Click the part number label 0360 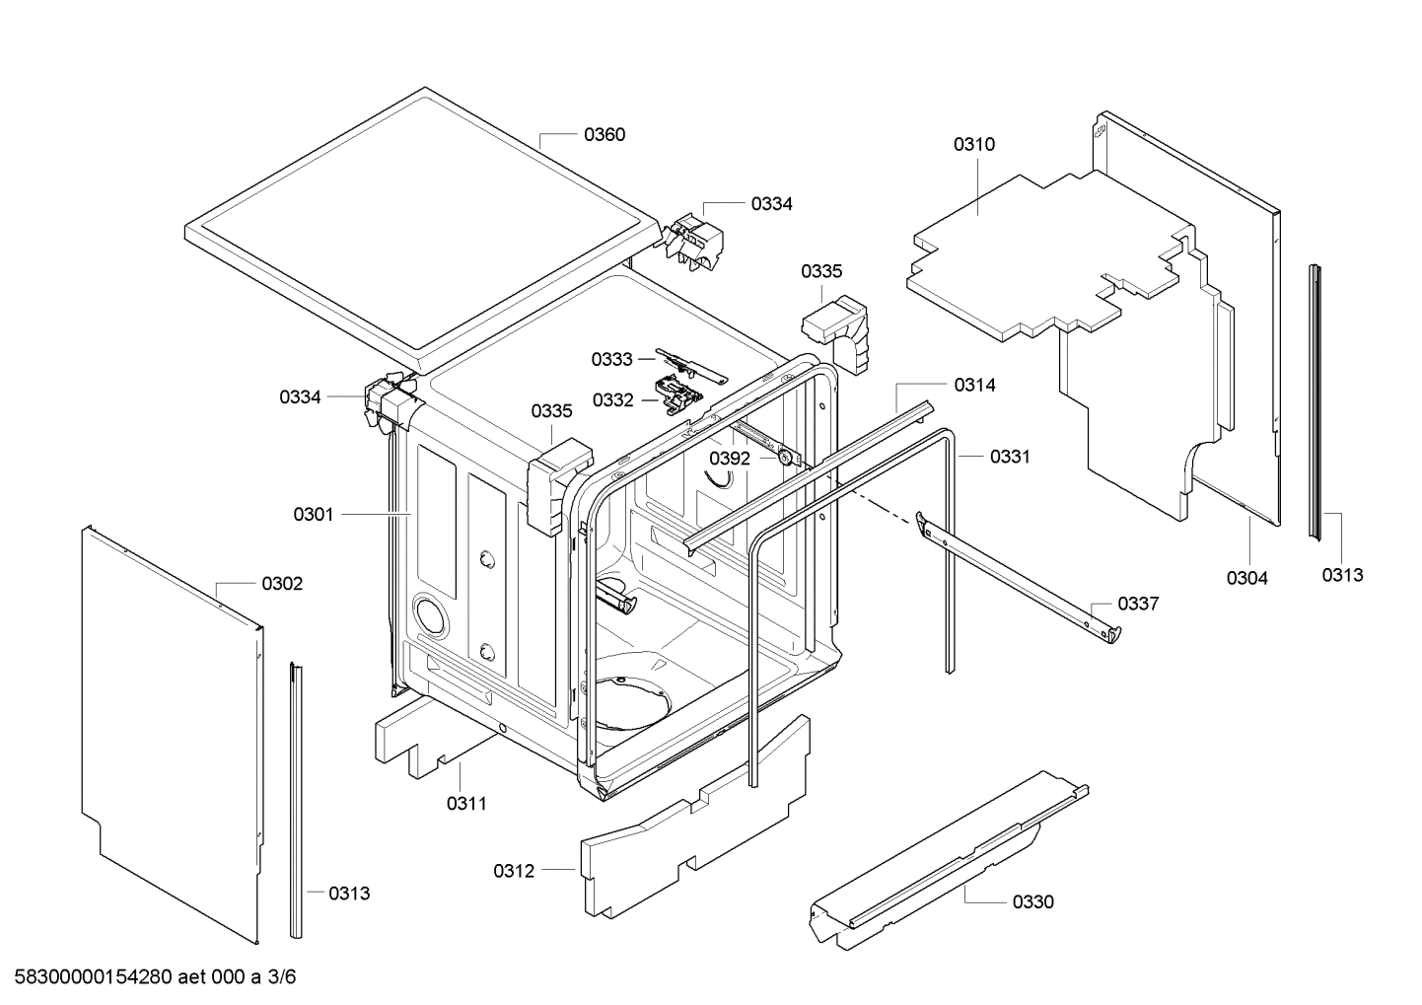pyautogui.click(x=604, y=135)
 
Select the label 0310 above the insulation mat pyautogui.click(x=973, y=144)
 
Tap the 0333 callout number pyautogui.click(x=611, y=360)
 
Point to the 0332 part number pyautogui.click(x=612, y=399)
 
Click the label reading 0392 pyautogui.click(x=730, y=459)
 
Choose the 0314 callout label pyautogui.click(x=974, y=386)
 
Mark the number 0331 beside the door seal pyautogui.click(x=1009, y=457)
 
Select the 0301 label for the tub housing pyautogui.click(x=314, y=514)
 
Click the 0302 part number pyautogui.click(x=282, y=584)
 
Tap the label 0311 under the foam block pyautogui.click(x=466, y=804)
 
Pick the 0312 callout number pyautogui.click(x=514, y=871)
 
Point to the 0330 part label pyautogui.click(x=1032, y=901)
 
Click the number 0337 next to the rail pyautogui.click(x=1138, y=604)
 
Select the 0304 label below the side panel pyautogui.click(x=1246, y=578)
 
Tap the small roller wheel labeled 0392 pyautogui.click(x=785, y=457)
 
